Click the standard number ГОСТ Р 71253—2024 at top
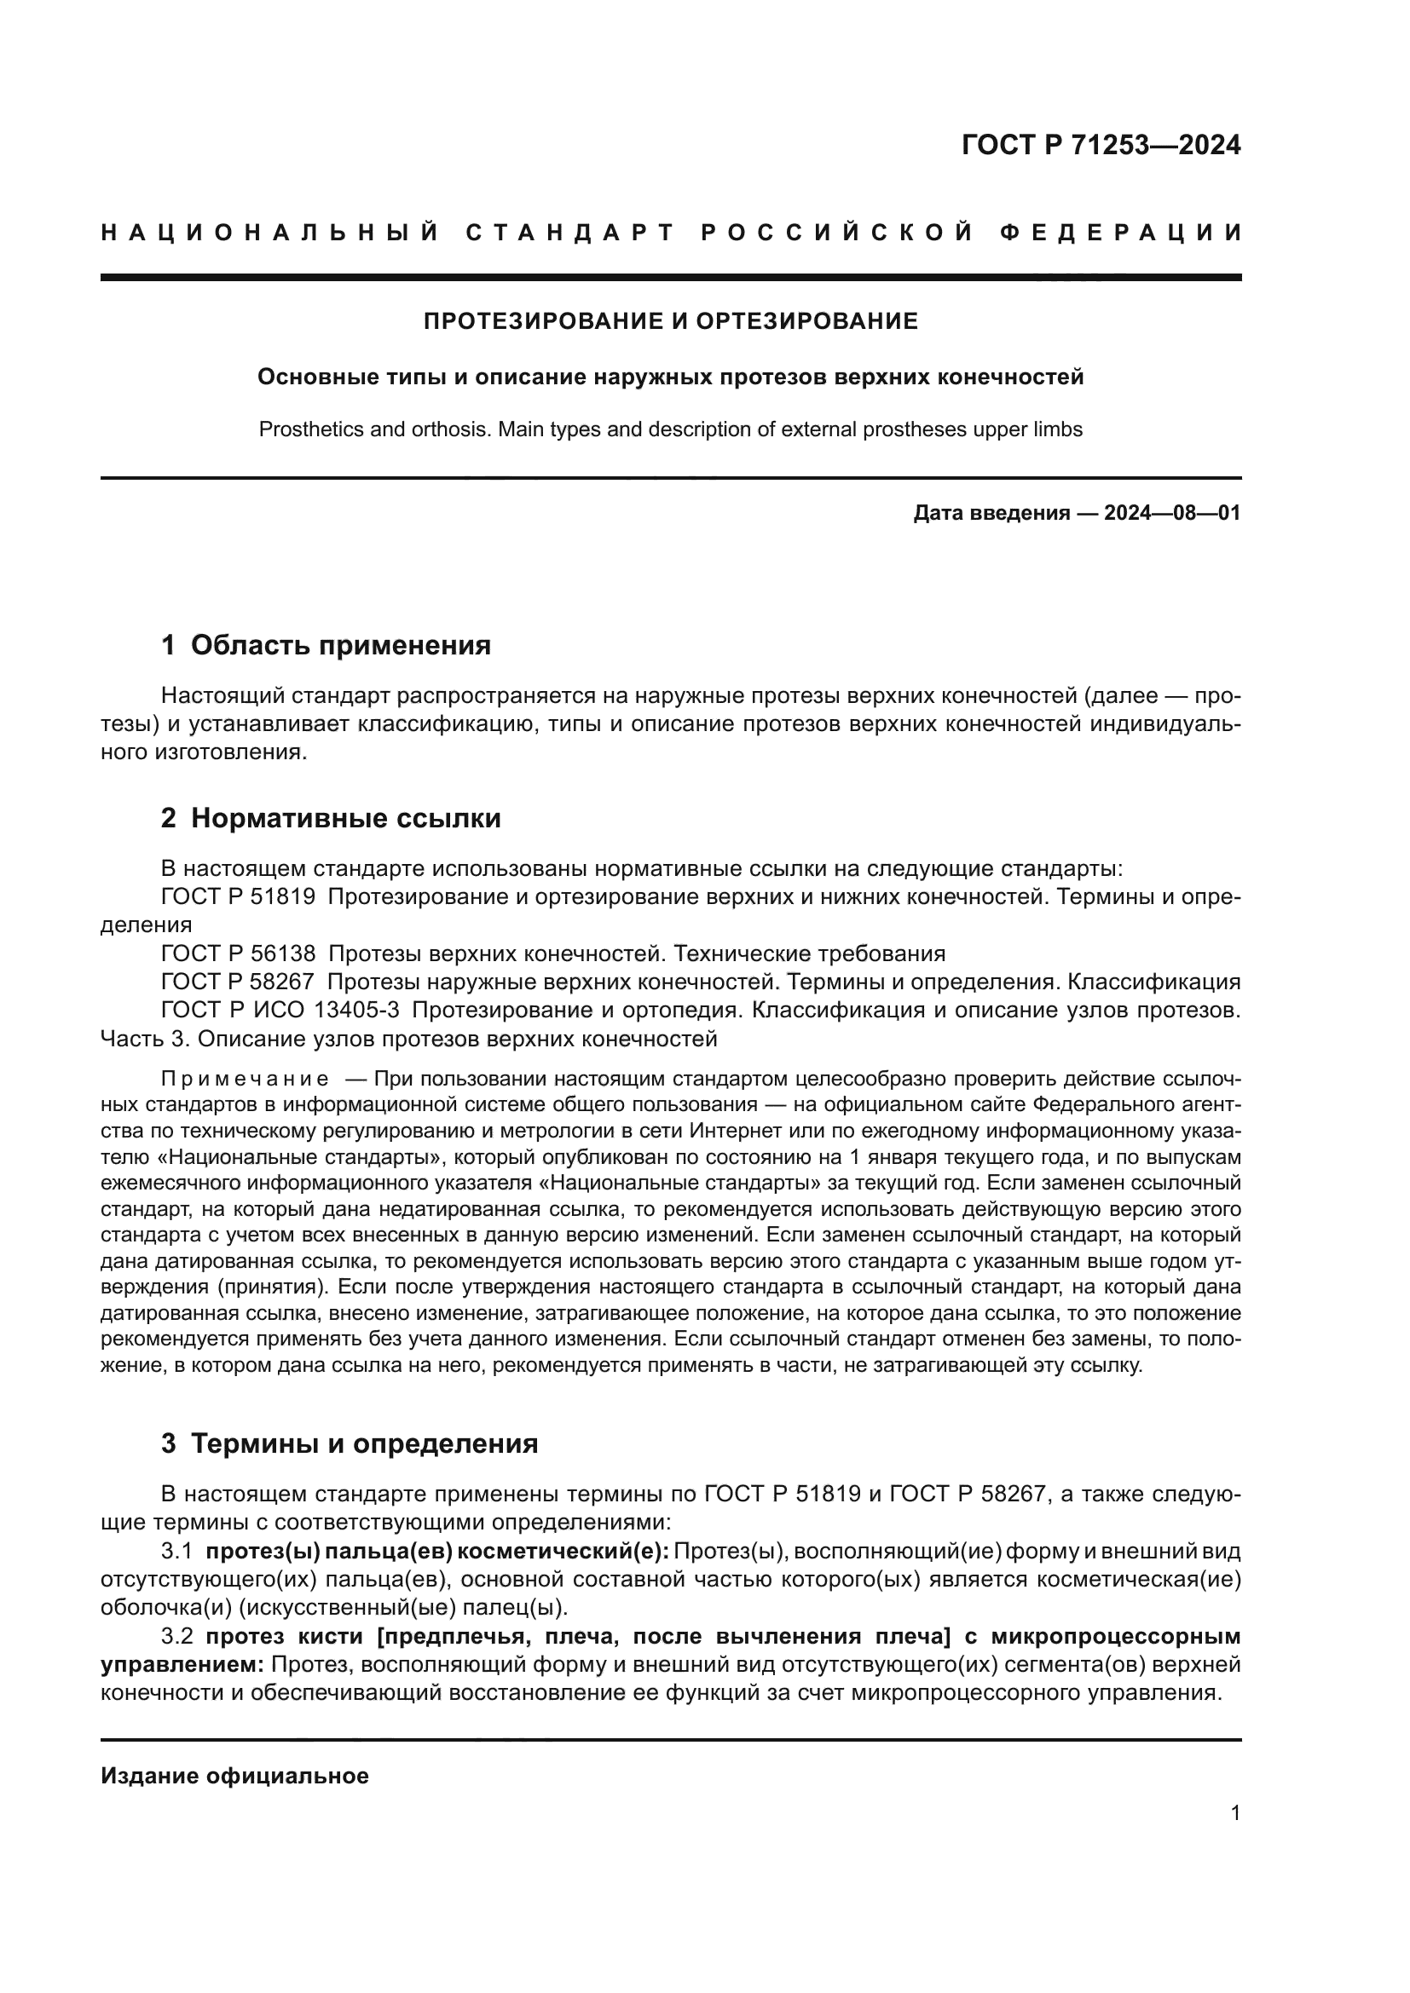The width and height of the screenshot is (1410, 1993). coord(1100,145)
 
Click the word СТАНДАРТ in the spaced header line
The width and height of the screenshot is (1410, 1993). coord(570,233)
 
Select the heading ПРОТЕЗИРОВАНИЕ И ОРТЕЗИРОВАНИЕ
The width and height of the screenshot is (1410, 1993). coord(670,321)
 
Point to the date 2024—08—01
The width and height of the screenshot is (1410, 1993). coord(1171,513)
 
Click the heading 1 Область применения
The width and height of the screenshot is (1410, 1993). coord(326,645)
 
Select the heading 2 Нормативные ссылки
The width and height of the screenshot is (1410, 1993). coord(331,818)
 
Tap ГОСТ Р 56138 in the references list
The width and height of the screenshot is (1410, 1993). coord(238,954)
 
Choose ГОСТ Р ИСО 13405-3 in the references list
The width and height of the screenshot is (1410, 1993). coord(280,1011)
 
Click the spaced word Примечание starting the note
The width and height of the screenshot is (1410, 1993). coord(245,1079)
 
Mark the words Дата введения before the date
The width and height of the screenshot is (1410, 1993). coord(991,513)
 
